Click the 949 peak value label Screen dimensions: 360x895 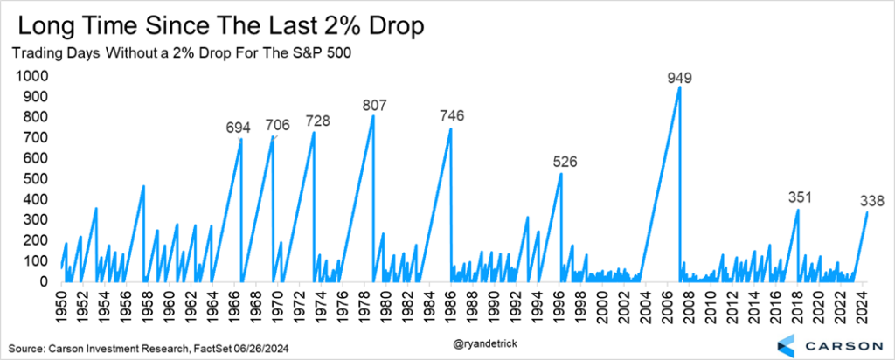(679, 78)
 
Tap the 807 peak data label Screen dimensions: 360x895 (376, 106)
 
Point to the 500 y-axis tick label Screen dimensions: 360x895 (35, 179)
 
